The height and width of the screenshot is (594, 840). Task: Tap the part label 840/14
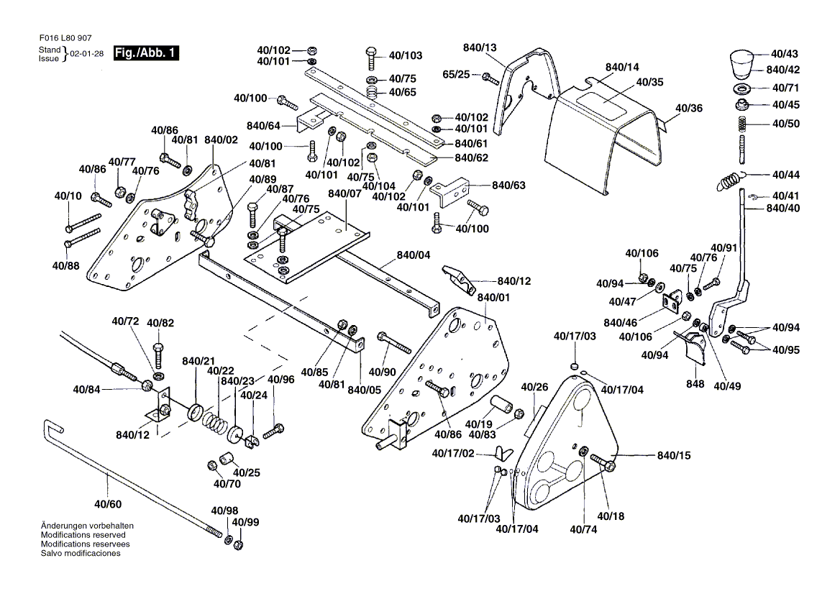[x=622, y=68]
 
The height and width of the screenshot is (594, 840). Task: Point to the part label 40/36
[x=689, y=108]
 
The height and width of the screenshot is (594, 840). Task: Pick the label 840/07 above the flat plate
[x=344, y=194]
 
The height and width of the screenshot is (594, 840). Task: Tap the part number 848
[x=695, y=385]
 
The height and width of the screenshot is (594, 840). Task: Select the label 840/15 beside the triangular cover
[x=673, y=456]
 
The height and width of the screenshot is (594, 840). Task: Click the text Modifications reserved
[x=83, y=535]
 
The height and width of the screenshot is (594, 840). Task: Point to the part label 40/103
[x=406, y=55]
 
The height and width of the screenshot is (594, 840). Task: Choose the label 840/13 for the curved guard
[x=480, y=47]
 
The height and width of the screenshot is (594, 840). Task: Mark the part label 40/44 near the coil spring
[x=785, y=175]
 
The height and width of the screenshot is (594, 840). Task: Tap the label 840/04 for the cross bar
[x=414, y=255]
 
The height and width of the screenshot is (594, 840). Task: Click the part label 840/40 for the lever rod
[x=783, y=208]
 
